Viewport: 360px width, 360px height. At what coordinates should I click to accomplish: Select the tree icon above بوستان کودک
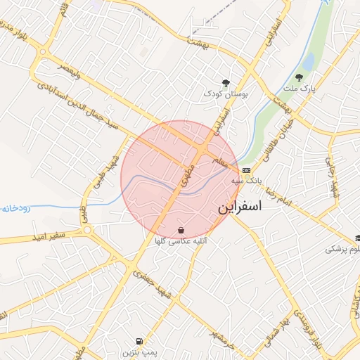[x=226, y=82]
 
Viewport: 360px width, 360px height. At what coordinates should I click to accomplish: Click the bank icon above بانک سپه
[x=245, y=170]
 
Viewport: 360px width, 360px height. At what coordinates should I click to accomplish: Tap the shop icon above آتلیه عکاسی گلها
[x=181, y=230]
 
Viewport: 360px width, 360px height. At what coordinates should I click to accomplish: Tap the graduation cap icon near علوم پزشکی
[x=358, y=239]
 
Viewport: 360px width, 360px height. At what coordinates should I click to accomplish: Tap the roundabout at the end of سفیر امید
[x=87, y=229]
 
